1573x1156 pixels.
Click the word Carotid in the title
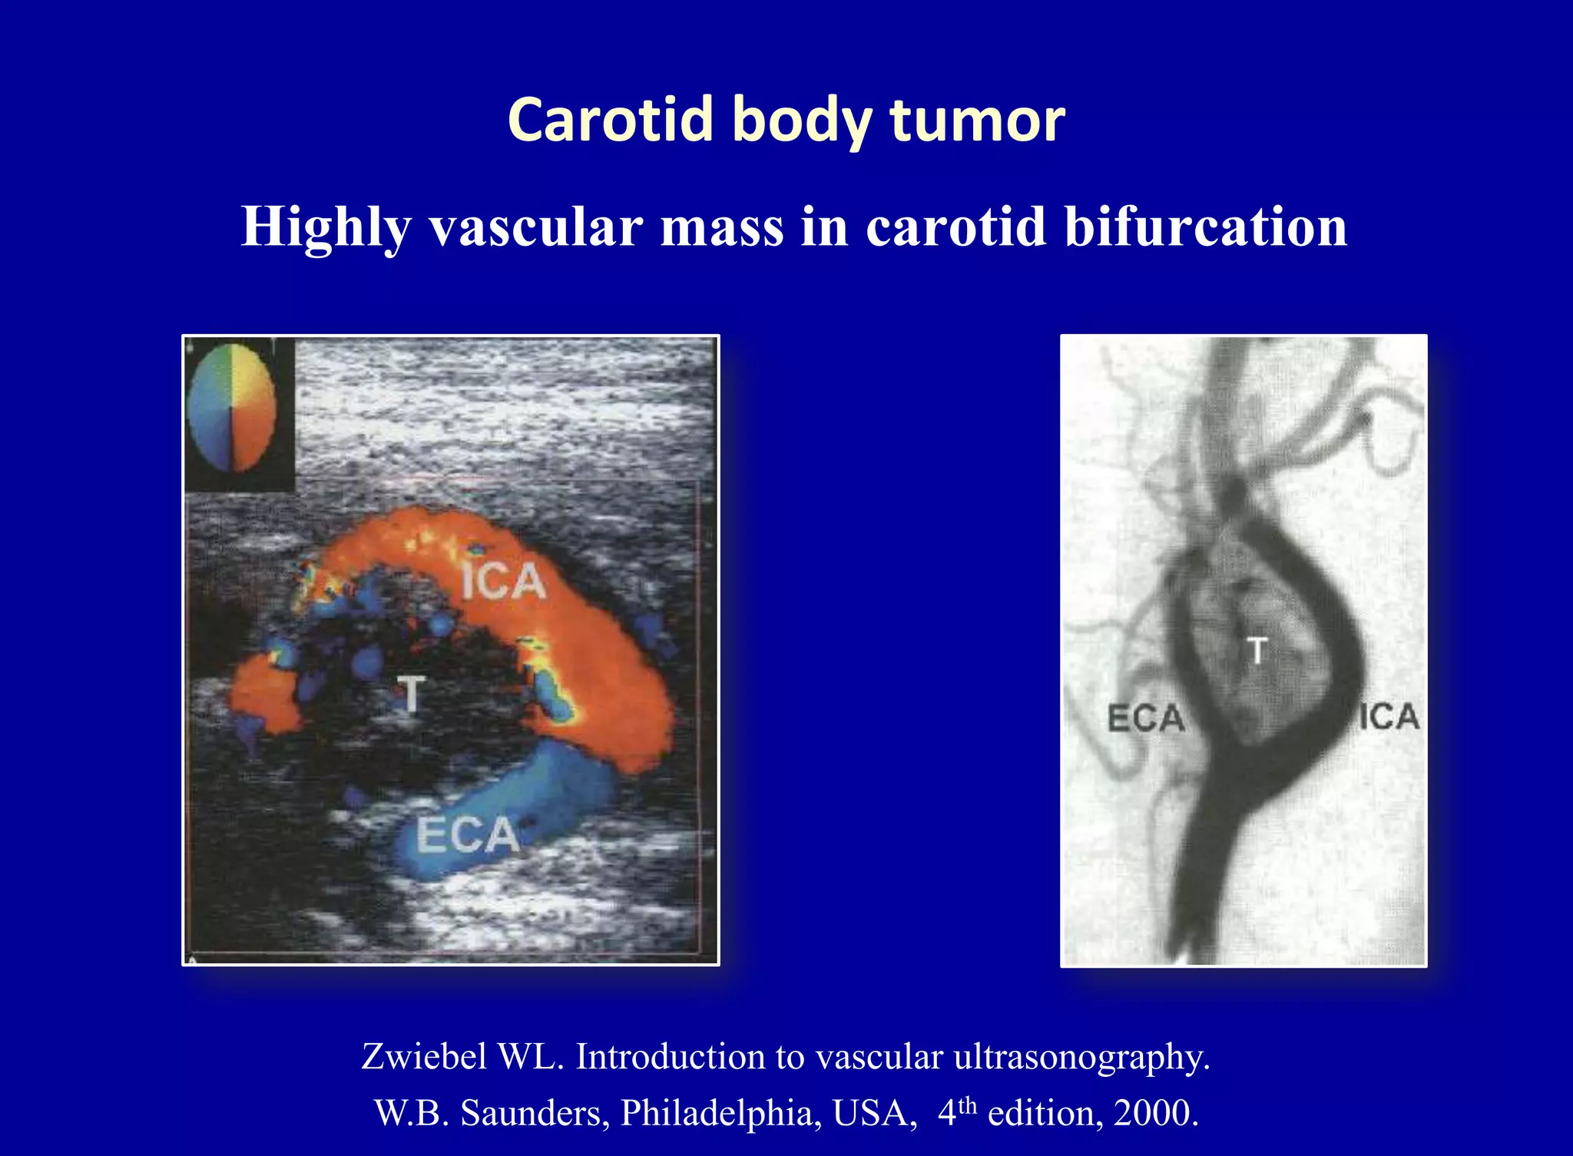[x=611, y=120]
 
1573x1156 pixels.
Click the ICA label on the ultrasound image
[x=503, y=581]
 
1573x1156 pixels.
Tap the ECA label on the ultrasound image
[x=467, y=835]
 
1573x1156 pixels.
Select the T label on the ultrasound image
[x=412, y=694]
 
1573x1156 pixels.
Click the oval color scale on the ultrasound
[x=231, y=407]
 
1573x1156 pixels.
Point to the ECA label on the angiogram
[x=1145, y=719]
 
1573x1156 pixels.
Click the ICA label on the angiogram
[x=1389, y=717]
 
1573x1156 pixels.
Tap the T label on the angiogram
[x=1257, y=651]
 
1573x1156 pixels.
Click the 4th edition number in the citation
[x=956, y=1112]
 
